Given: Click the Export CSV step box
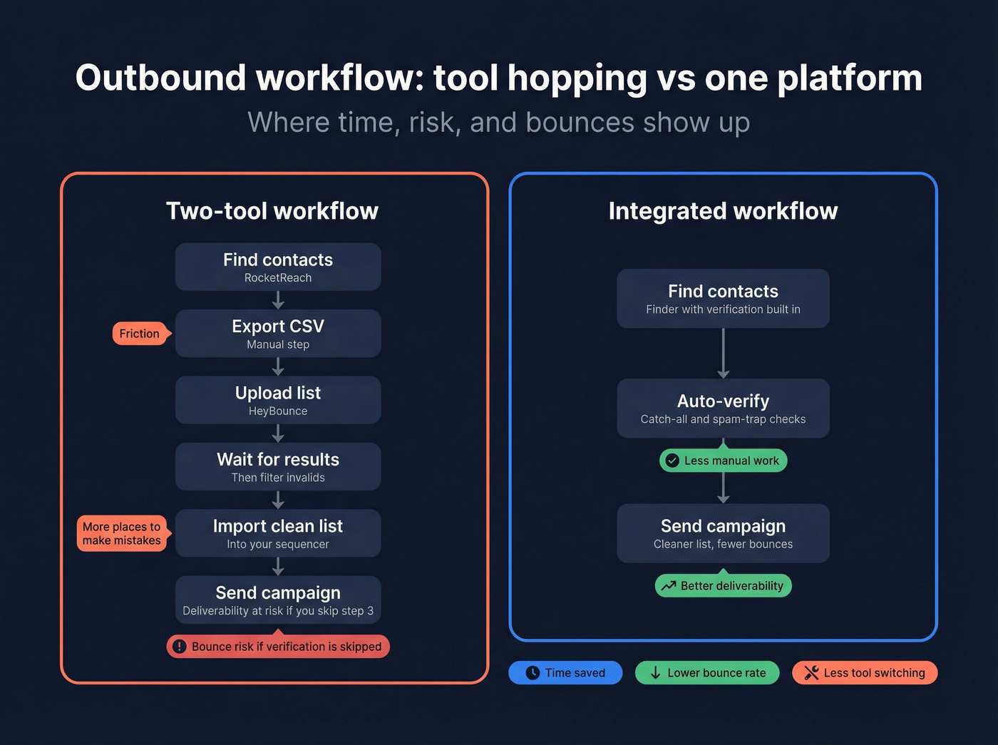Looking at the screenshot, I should coord(278,333).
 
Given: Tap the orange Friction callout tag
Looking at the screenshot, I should coord(140,334).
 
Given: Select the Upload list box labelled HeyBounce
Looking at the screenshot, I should coord(278,400).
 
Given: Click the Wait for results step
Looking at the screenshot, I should coord(278,466).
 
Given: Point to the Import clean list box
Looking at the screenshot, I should coord(278,533).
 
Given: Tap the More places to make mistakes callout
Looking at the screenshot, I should coord(122,533).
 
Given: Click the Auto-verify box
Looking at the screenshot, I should coord(723,409).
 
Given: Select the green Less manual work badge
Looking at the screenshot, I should coord(724,461).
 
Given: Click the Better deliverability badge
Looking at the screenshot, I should coord(724,586).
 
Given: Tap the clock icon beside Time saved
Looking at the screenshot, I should coord(533,673).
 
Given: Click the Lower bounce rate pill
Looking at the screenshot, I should coord(707,673).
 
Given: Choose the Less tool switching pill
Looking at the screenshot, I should coord(865,673).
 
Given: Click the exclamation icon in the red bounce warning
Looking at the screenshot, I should coord(180,647).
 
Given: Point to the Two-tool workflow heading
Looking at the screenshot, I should coord(272,211).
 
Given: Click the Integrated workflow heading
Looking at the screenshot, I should coord(723,211).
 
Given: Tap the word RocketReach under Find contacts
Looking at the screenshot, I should coord(278,278).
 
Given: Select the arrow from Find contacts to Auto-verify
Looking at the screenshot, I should coord(724,353).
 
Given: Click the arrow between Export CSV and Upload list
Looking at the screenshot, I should coord(278,366).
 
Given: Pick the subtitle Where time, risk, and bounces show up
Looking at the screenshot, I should coord(499,123).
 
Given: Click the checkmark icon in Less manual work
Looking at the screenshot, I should coord(672,461).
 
